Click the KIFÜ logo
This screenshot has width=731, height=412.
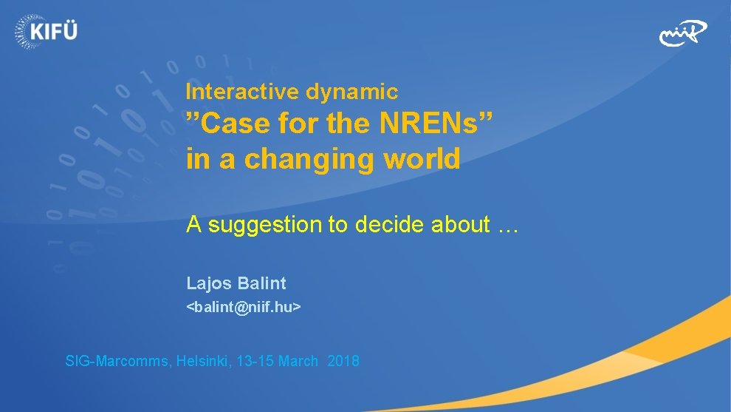[45, 30]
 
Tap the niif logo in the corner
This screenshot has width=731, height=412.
[682, 33]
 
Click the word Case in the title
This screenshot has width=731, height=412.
[236, 124]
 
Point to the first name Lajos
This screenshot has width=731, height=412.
[208, 283]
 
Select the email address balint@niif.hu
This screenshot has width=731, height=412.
[243, 306]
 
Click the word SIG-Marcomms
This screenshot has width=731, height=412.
[118, 362]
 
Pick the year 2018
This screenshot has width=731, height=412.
[343, 362]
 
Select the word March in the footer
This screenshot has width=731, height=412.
[298, 362]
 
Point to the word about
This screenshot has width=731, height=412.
[458, 224]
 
